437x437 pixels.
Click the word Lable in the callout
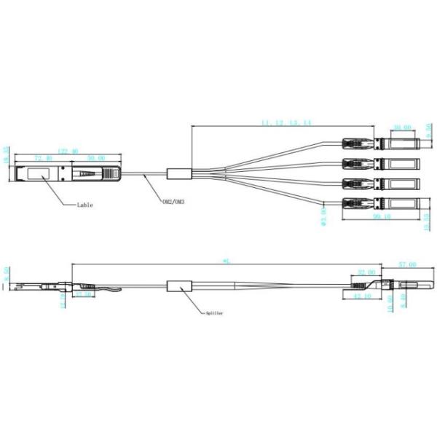[x=86, y=205]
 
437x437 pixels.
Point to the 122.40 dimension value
[x=68, y=151]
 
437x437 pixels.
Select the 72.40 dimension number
[x=44, y=158]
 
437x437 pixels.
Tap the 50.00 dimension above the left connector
[x=95, y=158]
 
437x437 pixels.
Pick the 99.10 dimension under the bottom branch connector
[x=379, y=216]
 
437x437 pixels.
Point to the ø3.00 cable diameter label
[x=323, y=217]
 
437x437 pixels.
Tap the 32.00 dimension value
[x=366, y=272]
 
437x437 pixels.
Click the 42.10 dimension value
[x=362, y=297]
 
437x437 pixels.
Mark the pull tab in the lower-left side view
[x=113, y=292]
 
